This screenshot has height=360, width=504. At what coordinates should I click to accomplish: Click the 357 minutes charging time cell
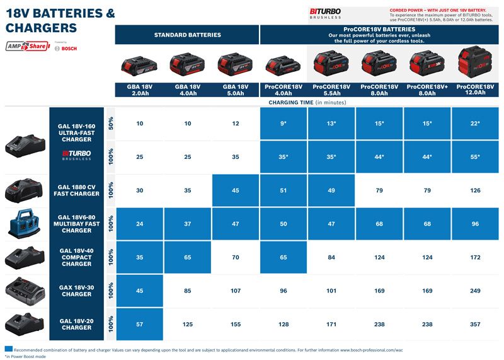coord(475,324)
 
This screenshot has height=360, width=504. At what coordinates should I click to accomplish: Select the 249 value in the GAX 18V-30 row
coord(475,291)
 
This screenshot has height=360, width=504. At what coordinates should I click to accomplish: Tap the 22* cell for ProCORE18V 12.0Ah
coord(475,123)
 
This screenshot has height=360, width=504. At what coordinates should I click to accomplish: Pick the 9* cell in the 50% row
coord(283,123)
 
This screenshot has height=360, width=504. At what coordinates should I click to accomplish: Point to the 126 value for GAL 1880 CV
coord(475,190)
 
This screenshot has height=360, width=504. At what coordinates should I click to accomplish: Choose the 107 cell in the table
coord(235,291)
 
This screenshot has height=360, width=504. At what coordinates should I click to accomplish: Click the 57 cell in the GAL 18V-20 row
coord(139,324)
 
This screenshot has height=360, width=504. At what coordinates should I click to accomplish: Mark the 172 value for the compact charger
coord(475,257)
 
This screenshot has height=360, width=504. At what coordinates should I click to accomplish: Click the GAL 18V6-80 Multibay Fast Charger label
coord(76,223)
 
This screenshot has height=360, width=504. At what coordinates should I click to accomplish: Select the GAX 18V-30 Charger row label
coord(76,291)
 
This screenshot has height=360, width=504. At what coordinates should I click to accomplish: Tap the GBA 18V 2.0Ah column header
coord(139,89)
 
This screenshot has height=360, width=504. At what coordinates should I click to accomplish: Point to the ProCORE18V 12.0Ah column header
coord(475,89)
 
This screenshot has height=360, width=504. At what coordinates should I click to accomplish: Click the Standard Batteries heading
coord(188,35)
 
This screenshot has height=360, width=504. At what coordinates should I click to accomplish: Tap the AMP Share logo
coord(28,47)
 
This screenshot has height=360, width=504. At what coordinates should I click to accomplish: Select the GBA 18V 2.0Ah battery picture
coord(139,64)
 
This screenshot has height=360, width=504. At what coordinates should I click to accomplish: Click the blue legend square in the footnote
coord(8,349)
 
